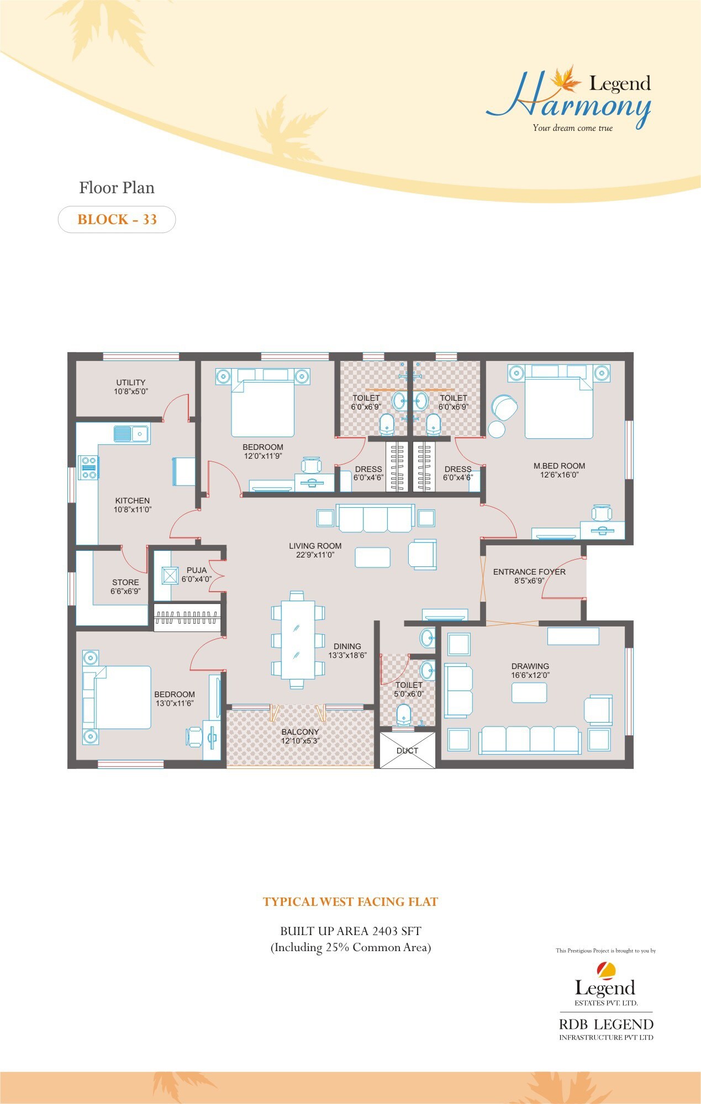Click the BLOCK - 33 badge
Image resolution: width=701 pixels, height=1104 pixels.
[117, 220]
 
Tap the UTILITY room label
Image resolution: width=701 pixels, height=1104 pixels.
[131, 383]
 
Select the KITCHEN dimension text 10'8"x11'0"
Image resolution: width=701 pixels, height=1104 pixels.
[133, 509]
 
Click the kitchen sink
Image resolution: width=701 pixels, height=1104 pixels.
[131, 434]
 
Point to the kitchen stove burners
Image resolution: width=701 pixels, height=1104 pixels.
[88, 467]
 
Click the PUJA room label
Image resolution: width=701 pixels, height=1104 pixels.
[197, 570]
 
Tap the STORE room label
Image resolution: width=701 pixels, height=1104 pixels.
[125, 582]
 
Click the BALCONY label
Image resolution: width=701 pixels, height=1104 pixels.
[300, 732]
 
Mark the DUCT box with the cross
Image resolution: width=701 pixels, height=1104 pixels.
[407, 750]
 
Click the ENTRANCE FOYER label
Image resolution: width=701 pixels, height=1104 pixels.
[529, 572]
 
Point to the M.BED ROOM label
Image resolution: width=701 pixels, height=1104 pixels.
[559, 466]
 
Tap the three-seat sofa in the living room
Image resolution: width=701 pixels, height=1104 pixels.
[375, 518]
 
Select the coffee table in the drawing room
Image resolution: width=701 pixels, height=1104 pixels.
[529, 692]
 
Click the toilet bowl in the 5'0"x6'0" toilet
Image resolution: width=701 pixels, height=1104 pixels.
[404, 714]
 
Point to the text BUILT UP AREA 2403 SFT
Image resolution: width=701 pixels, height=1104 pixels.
[350, 931]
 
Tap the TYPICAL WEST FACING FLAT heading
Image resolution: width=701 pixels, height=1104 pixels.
[350, 902]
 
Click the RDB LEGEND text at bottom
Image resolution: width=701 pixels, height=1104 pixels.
[606, 1025]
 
